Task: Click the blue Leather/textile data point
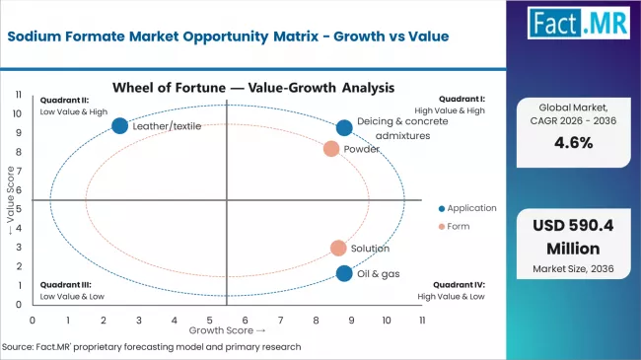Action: [x=120, y=125]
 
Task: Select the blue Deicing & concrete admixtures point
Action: [x=344, y=127]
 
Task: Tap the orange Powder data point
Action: [x=331, y=149]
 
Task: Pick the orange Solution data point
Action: [x=338, y=249]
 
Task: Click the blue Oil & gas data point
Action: [x=344, y=273]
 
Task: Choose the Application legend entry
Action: [x=469, y=208]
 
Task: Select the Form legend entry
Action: [x=460, y=229]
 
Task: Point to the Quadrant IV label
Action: [x=461, y=284]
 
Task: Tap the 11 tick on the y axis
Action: [x=19, y=94]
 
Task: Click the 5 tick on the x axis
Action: [x=209, y=321]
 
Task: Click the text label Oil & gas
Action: [x=379, y=273]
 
